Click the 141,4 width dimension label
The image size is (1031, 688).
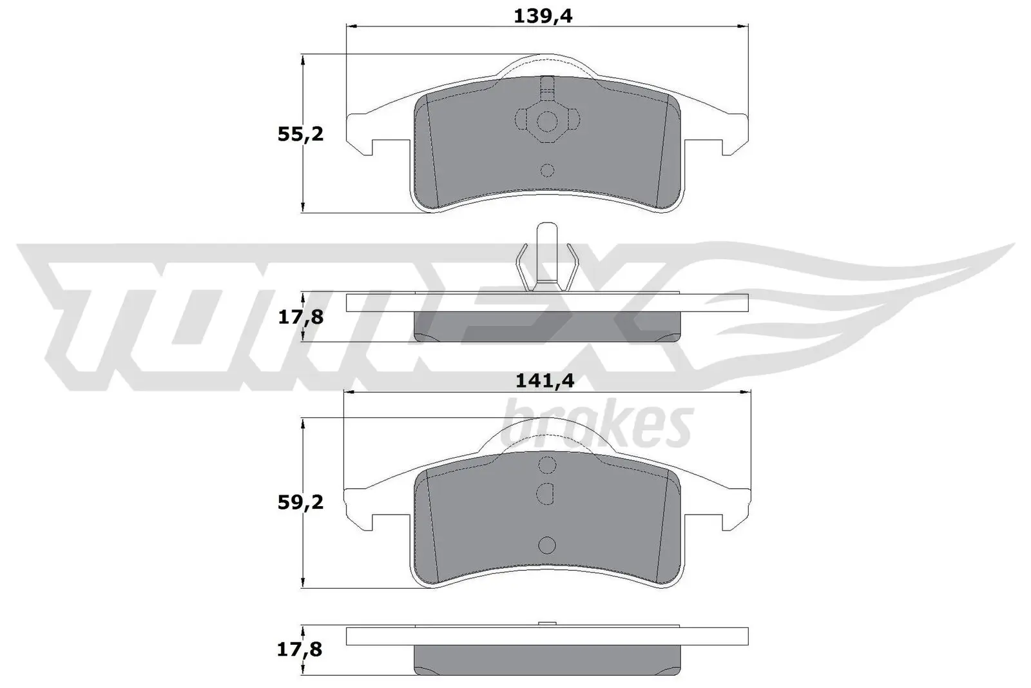(544, 381)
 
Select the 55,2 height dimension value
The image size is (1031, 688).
(300, 135)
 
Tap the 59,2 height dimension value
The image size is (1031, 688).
(300, 502)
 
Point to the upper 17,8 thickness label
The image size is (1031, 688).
(300, 317)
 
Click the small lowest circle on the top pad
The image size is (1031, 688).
(547, 170)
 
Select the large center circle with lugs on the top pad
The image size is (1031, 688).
(547, 121)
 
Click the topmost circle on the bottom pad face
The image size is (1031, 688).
(547, 465)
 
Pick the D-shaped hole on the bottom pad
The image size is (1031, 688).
(546, 493)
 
